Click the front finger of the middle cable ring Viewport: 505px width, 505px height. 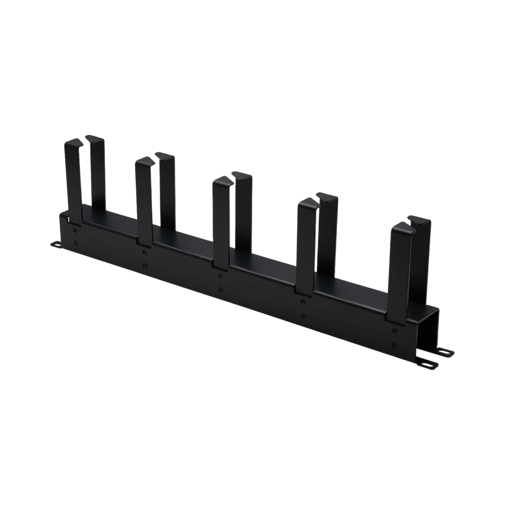221,217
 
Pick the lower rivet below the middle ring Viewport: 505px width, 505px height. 220,289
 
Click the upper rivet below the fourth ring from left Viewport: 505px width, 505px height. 303,301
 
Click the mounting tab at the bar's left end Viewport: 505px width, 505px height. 55,243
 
